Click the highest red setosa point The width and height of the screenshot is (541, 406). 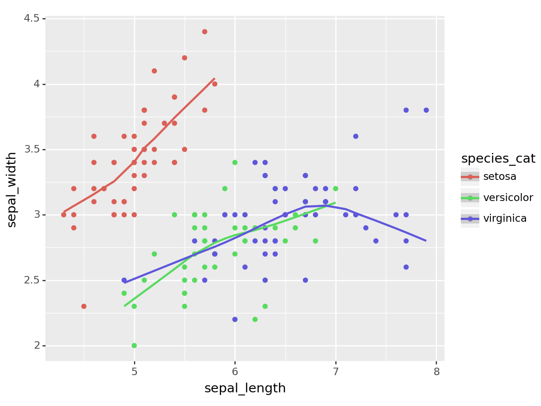coord(204,32)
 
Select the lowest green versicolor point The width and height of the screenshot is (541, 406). coord(134,346)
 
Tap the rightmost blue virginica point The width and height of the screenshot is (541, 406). coord(426,110)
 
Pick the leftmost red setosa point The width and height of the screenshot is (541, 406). coord(63,215)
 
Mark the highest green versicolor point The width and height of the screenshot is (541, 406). coord(235,163)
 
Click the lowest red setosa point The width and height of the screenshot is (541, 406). coord(84,306)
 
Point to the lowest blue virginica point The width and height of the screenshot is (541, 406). coord(235,320)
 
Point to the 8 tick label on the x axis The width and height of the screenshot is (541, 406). coord(436,372)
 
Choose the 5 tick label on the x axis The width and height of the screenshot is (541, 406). coord(134,372)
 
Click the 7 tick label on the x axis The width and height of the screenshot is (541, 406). coord(336,372)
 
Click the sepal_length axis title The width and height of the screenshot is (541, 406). coord(245,388)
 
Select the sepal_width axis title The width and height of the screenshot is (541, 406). coord(12,189)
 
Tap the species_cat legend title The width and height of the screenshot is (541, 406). coord(498,159)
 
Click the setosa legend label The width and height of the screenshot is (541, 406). coord(500,177)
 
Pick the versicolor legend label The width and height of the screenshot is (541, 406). coord(508,198)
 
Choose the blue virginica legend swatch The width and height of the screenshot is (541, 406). coord(470,219)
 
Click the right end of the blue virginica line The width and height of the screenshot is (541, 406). coord(426,241)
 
